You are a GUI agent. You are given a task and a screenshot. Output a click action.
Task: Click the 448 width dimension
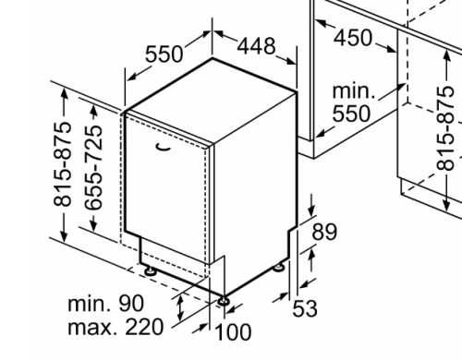coord(256,46)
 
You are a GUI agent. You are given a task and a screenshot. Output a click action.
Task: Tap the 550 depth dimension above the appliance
coord(164,54)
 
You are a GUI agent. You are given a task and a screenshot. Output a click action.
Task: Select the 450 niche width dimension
coord(353,38)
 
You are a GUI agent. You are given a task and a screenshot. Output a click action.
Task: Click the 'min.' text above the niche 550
coord(354,91)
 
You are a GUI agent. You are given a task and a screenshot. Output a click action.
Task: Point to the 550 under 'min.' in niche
coord(351,114)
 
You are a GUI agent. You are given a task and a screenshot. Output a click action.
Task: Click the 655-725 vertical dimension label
coord(93,168)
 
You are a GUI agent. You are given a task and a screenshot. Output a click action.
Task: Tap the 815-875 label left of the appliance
coord(63,164)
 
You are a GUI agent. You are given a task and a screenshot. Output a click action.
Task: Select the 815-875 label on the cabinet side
coord(445,128)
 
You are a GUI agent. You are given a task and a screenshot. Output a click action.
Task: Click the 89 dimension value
coord(324,232)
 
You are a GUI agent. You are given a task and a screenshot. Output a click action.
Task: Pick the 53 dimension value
coord(305,308)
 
